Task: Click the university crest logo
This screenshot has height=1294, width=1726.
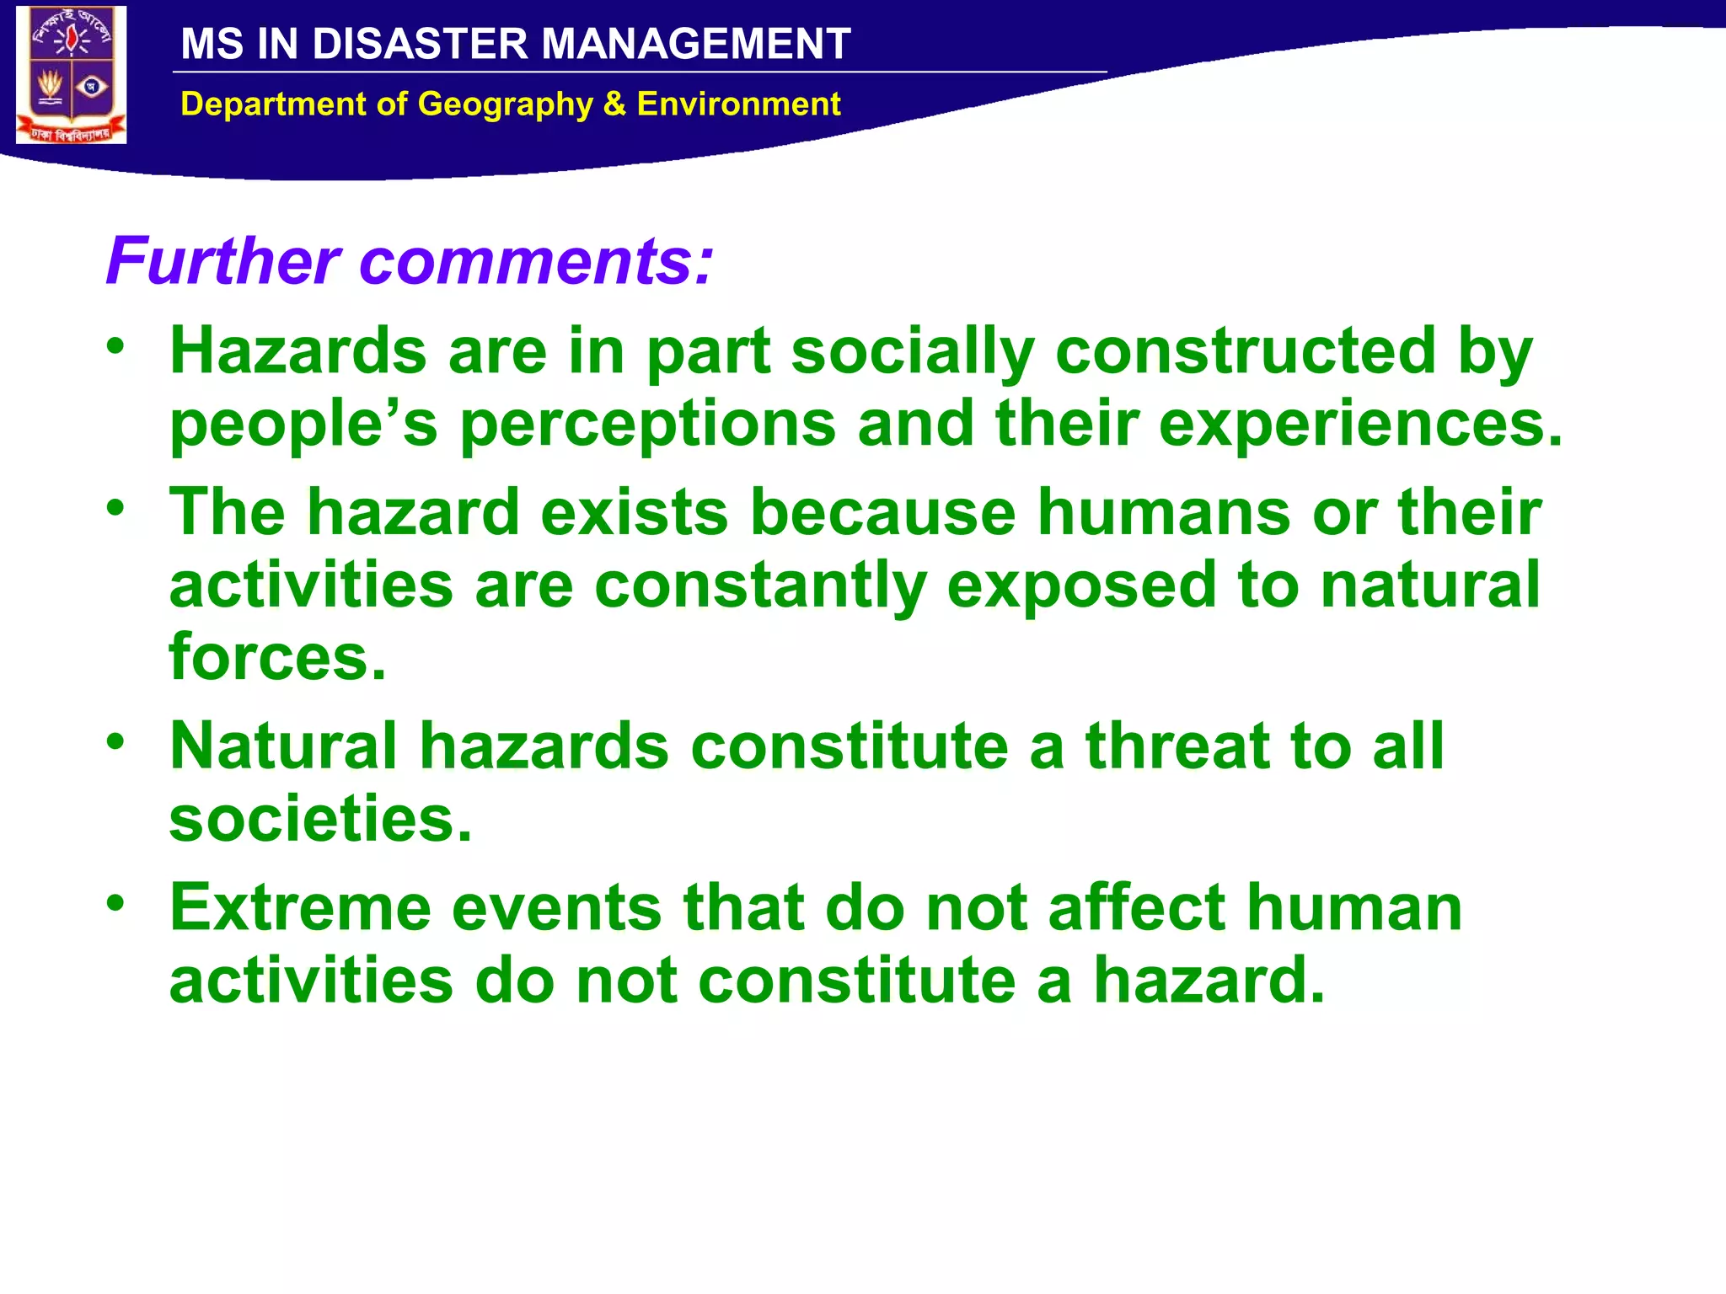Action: [x=72, y=74]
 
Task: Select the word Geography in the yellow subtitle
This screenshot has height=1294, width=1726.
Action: [x=506, y=104]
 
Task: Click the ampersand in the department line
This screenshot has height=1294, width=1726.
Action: [x=614, y=104]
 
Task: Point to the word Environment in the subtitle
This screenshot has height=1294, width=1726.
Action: [x=738, y=104]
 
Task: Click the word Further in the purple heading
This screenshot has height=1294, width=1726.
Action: [x=223, y=261]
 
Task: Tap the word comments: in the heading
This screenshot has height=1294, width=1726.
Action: [x=537, y=263]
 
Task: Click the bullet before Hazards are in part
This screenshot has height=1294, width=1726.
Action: [x=115, y=345]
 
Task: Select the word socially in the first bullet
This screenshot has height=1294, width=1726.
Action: [x=913, y=352]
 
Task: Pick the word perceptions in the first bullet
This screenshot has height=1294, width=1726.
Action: [x=647, y=425]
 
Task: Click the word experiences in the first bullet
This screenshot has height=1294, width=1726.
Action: [x=1360, y=425]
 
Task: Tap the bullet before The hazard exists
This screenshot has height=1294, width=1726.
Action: [x=115, y=507]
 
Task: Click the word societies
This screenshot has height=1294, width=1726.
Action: [x=320, y=819]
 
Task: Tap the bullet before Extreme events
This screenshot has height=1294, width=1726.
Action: [x=115, y=902]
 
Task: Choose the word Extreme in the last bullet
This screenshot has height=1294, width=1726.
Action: [x=301, y=908]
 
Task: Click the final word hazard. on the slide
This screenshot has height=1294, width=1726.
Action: [x=1209, y=981]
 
